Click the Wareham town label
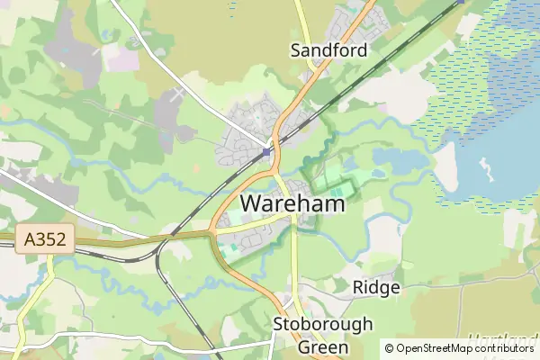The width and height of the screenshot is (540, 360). point(292,205)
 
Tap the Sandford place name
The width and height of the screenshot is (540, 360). point(328,50)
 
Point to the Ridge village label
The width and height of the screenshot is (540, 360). point(376,287)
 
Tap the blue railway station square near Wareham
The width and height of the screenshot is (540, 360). point(267,152)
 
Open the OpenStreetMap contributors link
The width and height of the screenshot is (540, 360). point(464,348)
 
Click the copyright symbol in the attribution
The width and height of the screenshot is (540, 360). point(389,348)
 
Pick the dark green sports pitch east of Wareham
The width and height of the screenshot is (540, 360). point(340,190)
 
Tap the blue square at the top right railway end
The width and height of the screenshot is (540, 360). point(461,2)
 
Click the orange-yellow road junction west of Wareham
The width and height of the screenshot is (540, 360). point(213,231)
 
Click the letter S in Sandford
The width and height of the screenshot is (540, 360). point(295,50)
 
